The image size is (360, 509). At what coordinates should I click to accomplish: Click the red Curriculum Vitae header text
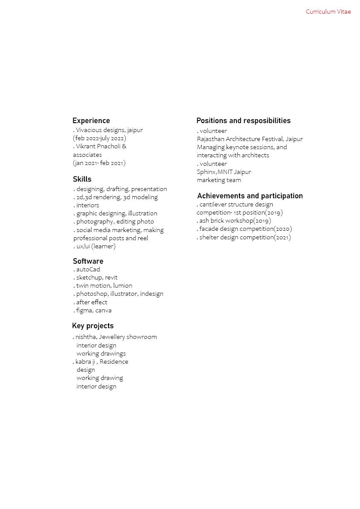328,12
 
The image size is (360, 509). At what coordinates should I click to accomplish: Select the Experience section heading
91,121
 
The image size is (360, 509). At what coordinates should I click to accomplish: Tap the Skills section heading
82,179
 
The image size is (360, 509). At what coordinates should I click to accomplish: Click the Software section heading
88,261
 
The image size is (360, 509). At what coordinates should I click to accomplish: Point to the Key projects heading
93,326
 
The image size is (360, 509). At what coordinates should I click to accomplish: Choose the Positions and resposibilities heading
243,121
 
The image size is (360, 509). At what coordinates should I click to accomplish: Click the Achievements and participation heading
250,196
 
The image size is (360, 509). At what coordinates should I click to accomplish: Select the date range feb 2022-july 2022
100,138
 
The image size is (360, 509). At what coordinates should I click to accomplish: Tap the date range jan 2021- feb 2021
99,163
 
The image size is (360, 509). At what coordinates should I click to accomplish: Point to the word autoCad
88,269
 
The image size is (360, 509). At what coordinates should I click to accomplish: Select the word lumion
122,285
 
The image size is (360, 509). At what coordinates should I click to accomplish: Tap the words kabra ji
85,362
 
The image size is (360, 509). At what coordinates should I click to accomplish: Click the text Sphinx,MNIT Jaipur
224,172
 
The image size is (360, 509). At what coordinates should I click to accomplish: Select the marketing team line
219,180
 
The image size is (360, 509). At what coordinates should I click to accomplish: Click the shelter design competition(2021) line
245,237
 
